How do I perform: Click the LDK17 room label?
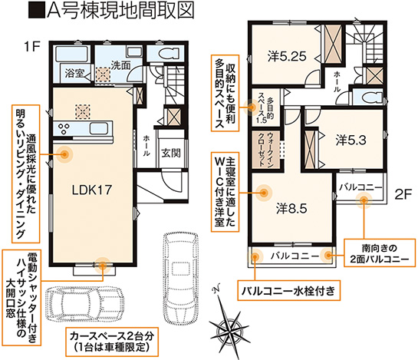point(92,190)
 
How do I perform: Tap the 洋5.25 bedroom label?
point(287,56)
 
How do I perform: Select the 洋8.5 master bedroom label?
point(291,209)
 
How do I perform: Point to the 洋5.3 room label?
point(351,140)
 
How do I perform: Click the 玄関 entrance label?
point(171,153)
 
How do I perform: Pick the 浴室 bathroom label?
point(74,73)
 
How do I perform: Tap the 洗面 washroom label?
point(120,64)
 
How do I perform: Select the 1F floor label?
point(31,46)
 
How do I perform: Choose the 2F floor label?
point(403,193)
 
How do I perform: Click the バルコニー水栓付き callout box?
point(288,290)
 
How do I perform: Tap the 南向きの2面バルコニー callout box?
point(380,253)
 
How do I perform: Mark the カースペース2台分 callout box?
point(112,342)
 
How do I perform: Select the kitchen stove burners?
point(64,128)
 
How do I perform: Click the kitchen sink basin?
point(99,128)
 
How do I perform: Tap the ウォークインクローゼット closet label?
point(266,149)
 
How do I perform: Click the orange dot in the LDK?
point(64,154)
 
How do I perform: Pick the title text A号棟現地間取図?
point(111,11)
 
